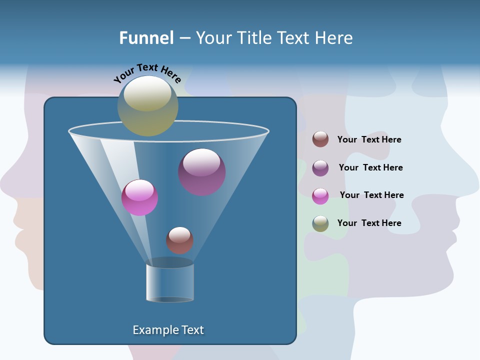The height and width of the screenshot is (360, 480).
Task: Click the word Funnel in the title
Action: (146, 38)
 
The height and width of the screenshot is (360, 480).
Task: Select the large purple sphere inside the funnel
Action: (202, 172)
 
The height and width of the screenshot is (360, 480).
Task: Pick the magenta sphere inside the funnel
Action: (140, 197)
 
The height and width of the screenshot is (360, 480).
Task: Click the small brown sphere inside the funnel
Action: (179, 240)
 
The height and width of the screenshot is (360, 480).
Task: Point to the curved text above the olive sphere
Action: (147, 73)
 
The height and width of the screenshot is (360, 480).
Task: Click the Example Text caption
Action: (168, 330)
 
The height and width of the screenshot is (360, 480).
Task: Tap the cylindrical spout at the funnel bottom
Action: (170, 282)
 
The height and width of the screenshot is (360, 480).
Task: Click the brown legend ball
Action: (320, 139)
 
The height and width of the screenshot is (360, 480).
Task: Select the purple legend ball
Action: (320, 168)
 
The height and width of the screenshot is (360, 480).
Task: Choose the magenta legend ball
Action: (320, 196)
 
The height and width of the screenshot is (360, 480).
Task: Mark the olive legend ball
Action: (320, 223)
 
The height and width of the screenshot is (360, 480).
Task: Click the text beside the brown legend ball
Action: (369, 139)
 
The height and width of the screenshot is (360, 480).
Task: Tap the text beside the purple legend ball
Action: (370, 167)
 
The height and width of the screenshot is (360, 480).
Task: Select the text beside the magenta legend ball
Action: (371, 195)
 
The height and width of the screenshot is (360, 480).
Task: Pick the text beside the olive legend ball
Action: (369, 223)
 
